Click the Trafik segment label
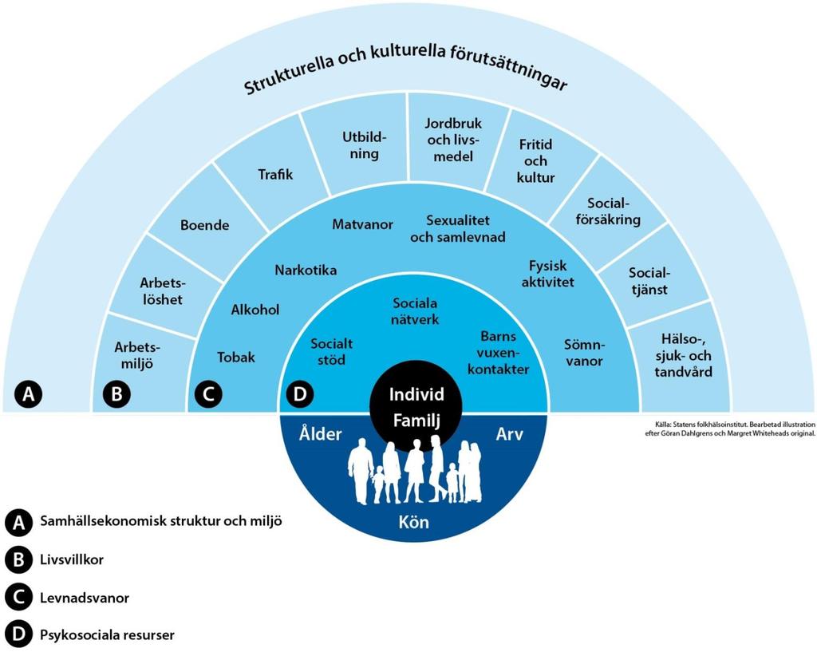coord(275,174)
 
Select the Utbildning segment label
coord(364,145)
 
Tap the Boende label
coord(205,225)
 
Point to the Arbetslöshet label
coord(162,291)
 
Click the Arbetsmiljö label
coord(137,355)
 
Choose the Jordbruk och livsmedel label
coord(453,140)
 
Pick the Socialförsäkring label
coord(608,211)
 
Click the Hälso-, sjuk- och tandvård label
coord(683,355)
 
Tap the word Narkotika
coord(306,271)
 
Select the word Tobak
coord(236,358)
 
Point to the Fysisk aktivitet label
coord(547,275)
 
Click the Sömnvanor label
coord(584,353)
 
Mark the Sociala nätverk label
coord(415,311)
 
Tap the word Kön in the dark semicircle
coord(414,522)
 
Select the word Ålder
coord(320,433)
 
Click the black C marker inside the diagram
coord(208,394)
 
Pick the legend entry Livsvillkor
coord(72,559)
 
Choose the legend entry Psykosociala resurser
coord(108,635)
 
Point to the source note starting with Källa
coord(729,429)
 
